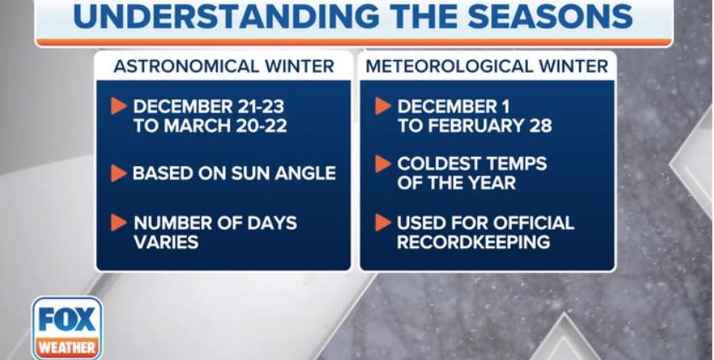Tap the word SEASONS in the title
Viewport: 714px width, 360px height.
coord(549,16)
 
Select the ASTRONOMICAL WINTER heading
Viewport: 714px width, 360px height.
coord(224,67)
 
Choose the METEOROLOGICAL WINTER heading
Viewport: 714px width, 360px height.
coord(486,67)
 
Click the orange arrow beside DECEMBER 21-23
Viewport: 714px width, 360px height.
coord(119,106)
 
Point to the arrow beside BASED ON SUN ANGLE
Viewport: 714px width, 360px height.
coord(119,173)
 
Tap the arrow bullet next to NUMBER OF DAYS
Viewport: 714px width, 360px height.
coord(119,223)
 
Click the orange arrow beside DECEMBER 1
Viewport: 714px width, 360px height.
coord(383,106)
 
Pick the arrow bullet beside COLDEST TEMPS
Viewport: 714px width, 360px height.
coord(383,164)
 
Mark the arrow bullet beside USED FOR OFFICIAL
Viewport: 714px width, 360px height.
coord(383,223)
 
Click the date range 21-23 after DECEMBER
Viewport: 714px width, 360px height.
coord(260,106)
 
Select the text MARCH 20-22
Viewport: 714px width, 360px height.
coord(225,126)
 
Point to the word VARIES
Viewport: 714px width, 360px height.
coord(166,242)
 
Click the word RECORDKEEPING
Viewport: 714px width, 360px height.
coord(473,242)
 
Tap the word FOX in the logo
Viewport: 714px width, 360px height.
coord(67,319)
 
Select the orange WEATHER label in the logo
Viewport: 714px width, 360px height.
coord(67,349)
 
